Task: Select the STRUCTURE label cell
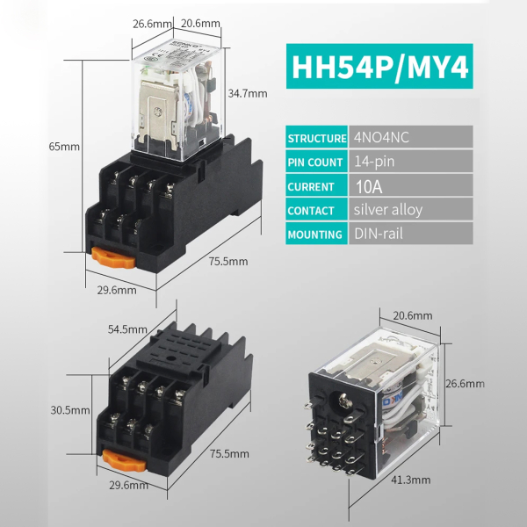tap(316, 139)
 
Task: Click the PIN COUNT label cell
tap(316, 162)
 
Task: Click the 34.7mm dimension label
tap(247, 93)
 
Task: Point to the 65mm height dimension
tap(65, 147)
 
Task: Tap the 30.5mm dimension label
tap(70, 409)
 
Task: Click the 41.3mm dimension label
tap(409, 480)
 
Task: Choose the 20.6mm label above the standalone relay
tap(411, 315)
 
